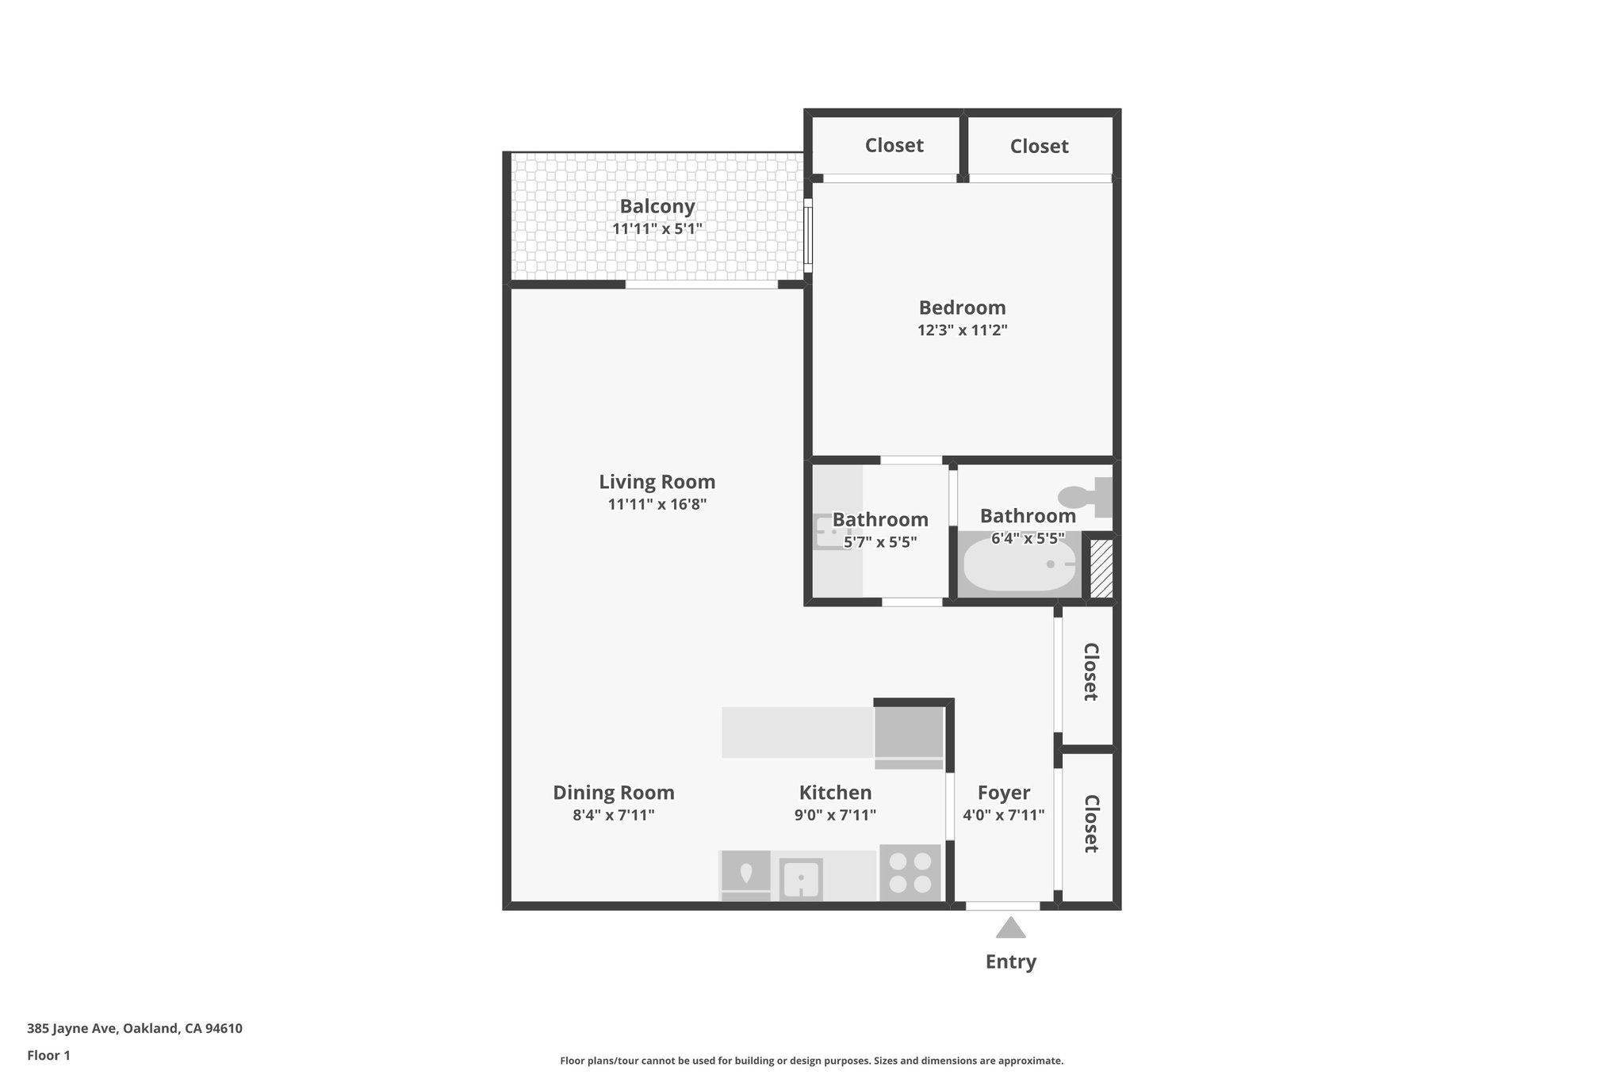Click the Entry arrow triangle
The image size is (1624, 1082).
click(1010, 928)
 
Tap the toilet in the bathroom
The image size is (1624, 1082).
click(1085, 497)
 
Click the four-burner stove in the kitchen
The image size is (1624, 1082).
click(910, 873)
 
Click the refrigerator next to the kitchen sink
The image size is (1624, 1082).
click(745, 876)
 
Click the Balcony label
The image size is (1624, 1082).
click(657, 206)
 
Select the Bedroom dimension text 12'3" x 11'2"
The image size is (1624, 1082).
click(962, 331)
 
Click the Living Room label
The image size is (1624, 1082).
click(657, 482)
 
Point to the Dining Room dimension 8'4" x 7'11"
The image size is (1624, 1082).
click(613, 816)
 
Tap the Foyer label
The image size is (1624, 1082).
click(1003, 793)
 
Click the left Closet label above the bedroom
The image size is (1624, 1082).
click(894, 145)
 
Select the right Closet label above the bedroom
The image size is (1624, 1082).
click(1039, 146)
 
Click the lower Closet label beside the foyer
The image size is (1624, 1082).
click(1091, 824)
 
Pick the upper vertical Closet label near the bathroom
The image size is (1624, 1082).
click(1091, 671)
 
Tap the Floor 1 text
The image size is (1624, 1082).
click(48, 1055)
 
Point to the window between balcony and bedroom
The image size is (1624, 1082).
click(808, 235)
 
